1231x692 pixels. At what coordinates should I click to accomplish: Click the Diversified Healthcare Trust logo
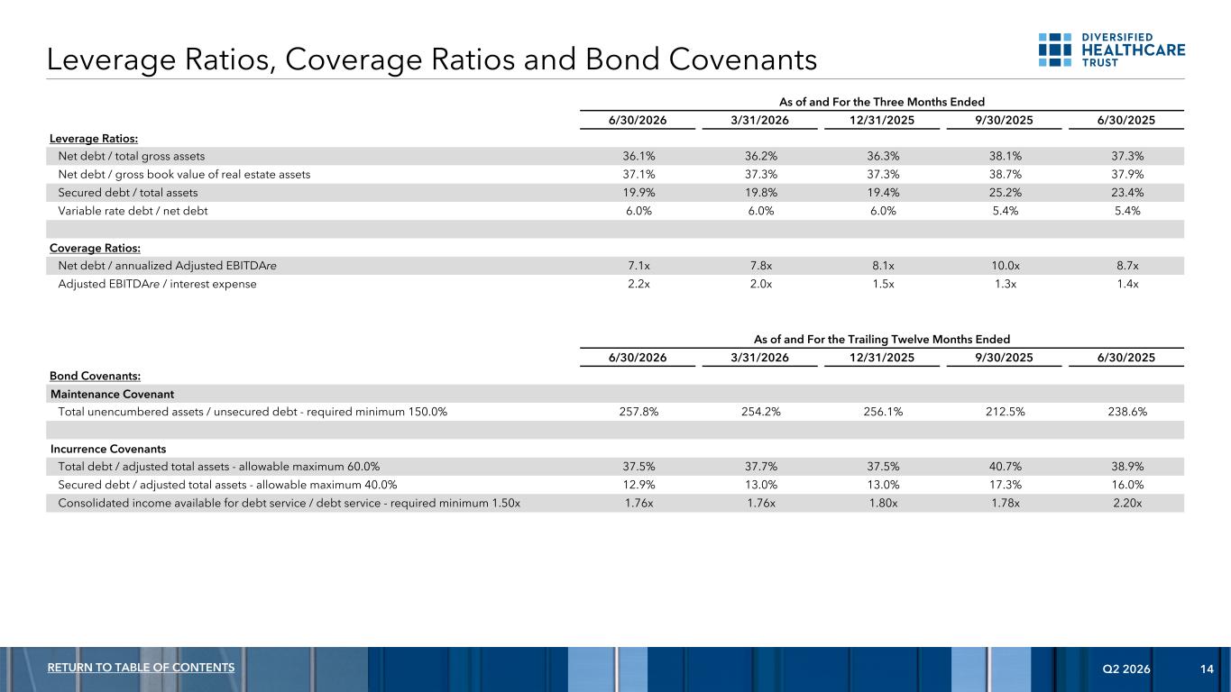coord(1111,50)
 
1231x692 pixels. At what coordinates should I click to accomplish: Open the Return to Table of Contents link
coord(141,668)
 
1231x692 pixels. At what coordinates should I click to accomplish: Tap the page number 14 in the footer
coord(1207,669)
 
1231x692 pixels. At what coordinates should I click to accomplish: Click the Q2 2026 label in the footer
coord(1126,669)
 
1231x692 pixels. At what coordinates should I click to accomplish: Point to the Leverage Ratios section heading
coord(94,139)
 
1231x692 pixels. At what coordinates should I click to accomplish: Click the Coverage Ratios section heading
coord(95,249)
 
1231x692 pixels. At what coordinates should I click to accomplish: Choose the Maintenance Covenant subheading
coord(112,395)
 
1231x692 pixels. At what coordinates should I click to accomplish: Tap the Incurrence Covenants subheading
coord(108,450)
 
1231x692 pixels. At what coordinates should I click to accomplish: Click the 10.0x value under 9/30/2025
coord(1006,266)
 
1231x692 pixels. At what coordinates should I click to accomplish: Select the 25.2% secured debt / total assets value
coord(1006,193)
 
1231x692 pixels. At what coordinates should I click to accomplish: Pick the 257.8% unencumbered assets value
coord(638,412)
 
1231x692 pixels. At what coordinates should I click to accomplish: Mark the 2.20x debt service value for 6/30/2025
coord(1127,503)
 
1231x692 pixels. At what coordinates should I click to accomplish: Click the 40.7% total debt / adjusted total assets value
coord(1006,467)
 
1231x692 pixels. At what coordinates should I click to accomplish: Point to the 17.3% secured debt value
coord(1006,485)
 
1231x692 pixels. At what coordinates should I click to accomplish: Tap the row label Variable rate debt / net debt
coord(133,211)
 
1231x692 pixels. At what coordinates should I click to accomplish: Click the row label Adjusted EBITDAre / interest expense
coord(157,284)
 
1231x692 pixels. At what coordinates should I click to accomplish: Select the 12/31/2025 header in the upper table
coord(882,120)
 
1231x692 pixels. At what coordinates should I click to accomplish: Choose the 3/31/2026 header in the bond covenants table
coord(759,358)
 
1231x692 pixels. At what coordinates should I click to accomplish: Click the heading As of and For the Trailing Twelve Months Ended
coord(881,340)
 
